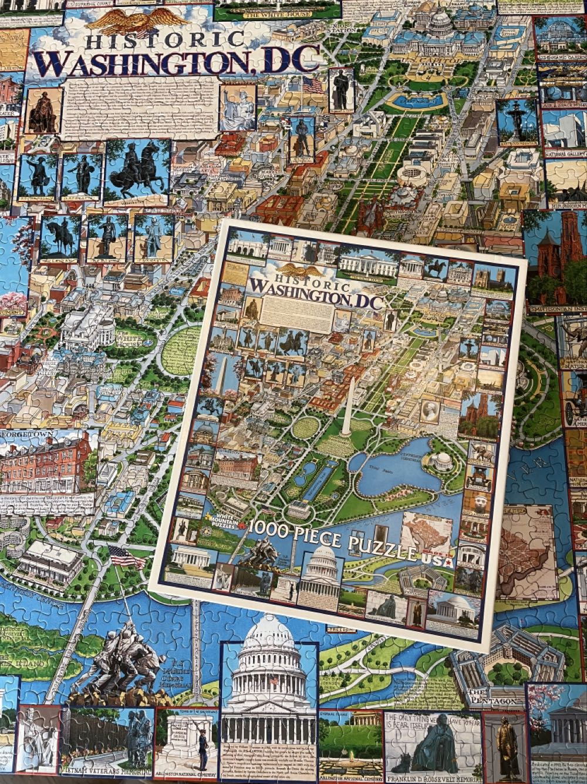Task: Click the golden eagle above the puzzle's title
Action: tap(136, 21)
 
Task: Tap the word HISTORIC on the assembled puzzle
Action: tap(164, 41)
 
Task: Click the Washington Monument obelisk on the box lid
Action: tap(349, 406)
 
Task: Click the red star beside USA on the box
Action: tap(448, 562)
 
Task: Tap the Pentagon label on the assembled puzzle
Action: tap(493, 701)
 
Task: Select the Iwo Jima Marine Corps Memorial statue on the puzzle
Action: tap(120, 658)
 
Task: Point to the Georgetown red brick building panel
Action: tap(47, 464)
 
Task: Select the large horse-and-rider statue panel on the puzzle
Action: tap(137, 170)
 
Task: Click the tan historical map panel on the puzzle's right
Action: tap(525, 550)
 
